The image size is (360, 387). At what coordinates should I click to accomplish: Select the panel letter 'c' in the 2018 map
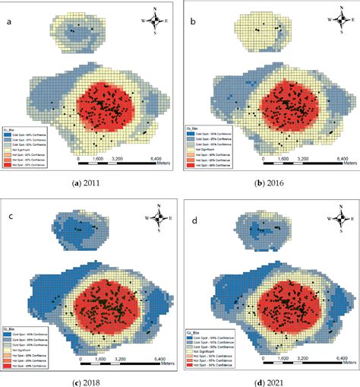[9, 205]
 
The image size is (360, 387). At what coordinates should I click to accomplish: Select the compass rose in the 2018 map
[157, 220]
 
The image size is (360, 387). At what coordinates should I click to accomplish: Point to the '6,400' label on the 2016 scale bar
[327, 159]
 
